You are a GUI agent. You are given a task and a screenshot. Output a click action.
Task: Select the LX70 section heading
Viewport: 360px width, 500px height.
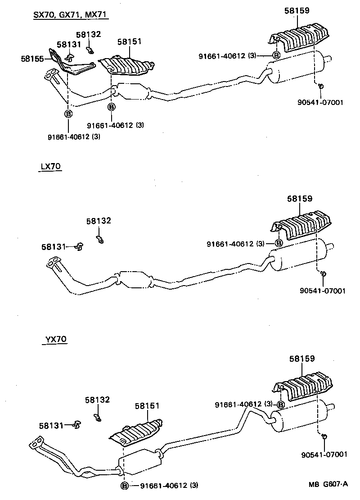coord(50,167)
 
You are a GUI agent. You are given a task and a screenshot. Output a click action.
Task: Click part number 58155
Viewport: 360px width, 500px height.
coord(32,58)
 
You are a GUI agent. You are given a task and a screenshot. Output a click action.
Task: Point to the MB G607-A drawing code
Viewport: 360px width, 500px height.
coord(328,484)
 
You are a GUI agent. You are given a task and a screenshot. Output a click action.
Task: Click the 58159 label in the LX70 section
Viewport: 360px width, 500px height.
coord(300,199)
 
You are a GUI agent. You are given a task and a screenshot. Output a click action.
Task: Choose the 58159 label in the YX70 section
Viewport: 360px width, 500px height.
coord(302,359)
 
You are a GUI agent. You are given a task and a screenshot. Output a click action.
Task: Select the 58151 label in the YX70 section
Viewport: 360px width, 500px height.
coord(147,406)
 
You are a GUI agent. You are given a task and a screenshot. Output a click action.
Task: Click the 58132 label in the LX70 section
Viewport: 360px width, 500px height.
coord(99,221)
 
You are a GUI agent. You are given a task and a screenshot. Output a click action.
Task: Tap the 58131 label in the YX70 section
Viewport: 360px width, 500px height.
coord(51,425)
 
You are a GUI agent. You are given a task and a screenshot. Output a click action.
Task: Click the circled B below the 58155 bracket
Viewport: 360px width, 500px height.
coord(68,114)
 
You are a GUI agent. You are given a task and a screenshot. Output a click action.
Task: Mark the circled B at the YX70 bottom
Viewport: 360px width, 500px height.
coord(124,485)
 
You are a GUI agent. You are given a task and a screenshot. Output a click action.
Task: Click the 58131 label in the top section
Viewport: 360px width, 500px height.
coord(69,45)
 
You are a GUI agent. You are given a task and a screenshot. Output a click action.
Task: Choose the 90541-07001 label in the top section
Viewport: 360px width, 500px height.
coord(320,102)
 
